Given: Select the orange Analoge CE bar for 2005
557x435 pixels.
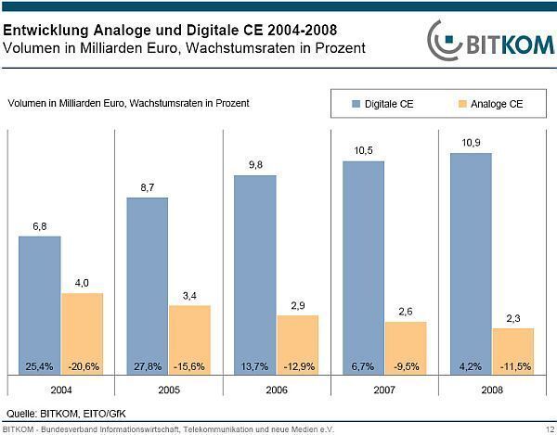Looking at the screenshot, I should pos(189,339).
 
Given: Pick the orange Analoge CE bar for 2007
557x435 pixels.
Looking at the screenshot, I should pos(405,348).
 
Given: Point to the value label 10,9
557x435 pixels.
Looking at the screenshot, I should pos(470,142).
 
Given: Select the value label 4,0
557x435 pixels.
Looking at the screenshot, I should pos(82,283).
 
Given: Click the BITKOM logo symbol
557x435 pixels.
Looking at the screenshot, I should pos(445,39).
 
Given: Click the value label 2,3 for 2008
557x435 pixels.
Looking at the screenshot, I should pos(512,317).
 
